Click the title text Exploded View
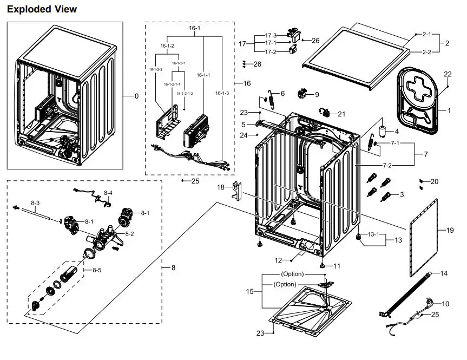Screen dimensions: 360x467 tap(42, 9)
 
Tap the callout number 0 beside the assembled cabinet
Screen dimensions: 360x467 tap(136, 96)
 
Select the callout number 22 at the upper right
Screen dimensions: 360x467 tap(448, 74)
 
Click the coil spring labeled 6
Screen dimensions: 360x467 tap(269, 101)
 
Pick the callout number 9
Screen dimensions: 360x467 tap(317, 95)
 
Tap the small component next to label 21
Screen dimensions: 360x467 tap(326, 113)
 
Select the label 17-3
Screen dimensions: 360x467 tap(271, 36)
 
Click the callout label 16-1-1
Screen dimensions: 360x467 tap(203, 75)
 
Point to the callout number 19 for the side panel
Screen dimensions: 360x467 tap(450, 231)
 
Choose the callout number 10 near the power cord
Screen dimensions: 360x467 tap(445, 304)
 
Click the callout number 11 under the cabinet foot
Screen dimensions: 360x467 tap(337, 266)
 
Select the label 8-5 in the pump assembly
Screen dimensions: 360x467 tap(96, 270)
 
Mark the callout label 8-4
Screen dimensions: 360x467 tap(108, 193)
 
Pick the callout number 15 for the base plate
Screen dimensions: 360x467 tap(250, 292)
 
